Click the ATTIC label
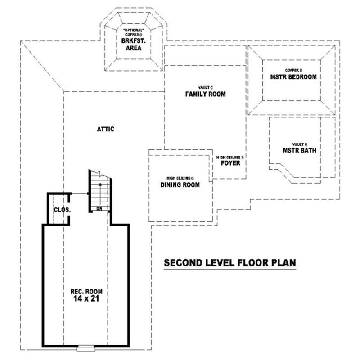[105, 129]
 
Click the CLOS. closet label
[60, 210]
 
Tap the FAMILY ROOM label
[205, 94]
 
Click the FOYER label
[230, 163]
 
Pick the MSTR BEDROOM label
[293, 77]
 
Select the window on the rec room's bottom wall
[85, 348]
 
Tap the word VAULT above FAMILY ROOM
[203, 87]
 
